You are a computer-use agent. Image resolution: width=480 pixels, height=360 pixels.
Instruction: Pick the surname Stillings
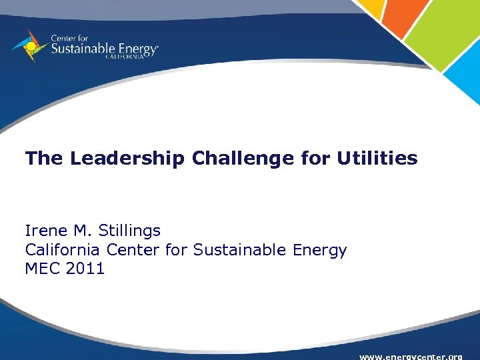click(x=129, y=231)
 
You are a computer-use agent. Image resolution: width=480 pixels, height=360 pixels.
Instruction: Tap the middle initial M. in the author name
click(x=82, y=231)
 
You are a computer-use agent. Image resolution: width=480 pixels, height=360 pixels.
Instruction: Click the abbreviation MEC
click(x=39, y=269)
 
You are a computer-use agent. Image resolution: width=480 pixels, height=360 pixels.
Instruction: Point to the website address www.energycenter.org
click(x=411, y=356)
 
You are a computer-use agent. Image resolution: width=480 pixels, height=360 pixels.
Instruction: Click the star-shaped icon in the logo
click(x=29, y=45)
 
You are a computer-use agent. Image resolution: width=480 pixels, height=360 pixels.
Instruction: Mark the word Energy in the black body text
click(x=320, y=251)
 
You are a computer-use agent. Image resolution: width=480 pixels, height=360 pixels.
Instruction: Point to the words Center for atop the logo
click(x=68, y=38)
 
